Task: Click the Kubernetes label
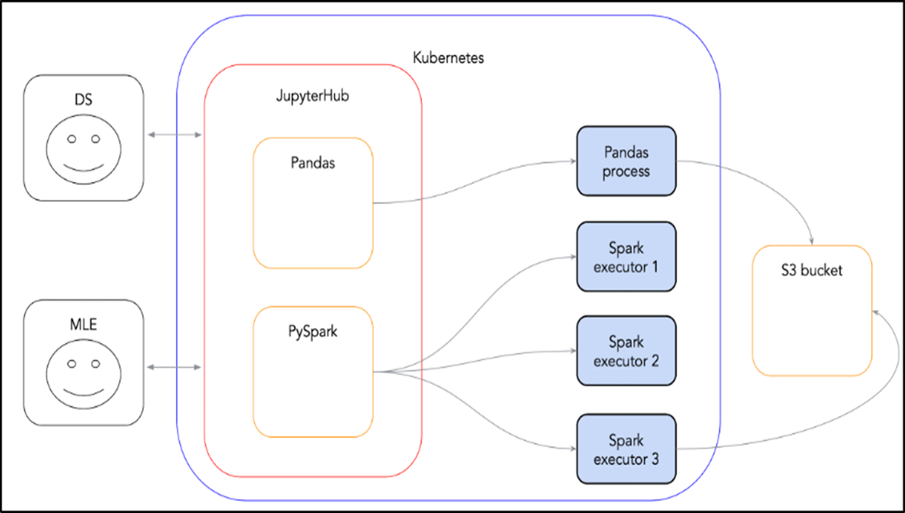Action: pos(448,58)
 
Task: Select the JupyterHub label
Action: pos(311,97)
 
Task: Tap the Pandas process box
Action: pos(626,161)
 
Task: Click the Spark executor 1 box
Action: pos(626,256)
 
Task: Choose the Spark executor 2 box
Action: pos(626,351)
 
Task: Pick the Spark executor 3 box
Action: pos(626,448)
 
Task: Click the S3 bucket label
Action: pos(812,271)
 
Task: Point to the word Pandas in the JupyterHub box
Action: pos(313,163)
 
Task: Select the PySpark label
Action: pos(313,332)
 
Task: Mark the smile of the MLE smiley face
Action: pos(83,390)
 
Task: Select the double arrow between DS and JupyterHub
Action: pos(175,135)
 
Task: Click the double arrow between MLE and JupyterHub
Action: pos(175,367)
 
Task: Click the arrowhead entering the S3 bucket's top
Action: pos(812,240)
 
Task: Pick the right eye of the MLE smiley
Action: pos(95,364)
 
